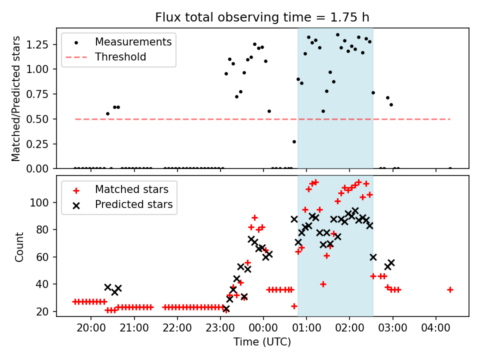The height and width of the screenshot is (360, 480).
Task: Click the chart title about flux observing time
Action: [x=262, y=17]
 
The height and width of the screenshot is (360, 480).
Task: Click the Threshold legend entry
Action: [x=106, y=57]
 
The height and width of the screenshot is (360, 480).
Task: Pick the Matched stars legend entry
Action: [x=117, y=189]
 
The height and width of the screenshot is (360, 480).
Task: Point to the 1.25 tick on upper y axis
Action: [x=37, y=44]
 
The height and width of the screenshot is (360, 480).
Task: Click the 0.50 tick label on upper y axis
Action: [x=37, y=119]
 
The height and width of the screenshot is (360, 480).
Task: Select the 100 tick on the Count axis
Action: [x=38, y=202]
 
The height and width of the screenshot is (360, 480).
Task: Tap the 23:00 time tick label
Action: [x=220, y=328]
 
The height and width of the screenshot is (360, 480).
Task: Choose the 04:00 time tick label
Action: [x=435, y=328]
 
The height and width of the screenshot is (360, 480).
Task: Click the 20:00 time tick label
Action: [x=91, y=328]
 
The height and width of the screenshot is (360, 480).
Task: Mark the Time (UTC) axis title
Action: [x=262, y=341]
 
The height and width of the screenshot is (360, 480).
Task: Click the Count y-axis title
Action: [x=19, y=246]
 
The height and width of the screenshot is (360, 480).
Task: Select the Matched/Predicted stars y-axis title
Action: [x=15, y=98]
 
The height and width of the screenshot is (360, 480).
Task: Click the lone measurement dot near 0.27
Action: [x=294, y=141]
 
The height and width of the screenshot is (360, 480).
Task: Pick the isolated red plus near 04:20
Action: [x=450, y=289]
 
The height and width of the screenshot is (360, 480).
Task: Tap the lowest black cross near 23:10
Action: [x=226, y=309]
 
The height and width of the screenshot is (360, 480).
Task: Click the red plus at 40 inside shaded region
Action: [x=323, y=284]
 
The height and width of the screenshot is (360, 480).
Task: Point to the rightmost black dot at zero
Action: [x=450, y=168]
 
